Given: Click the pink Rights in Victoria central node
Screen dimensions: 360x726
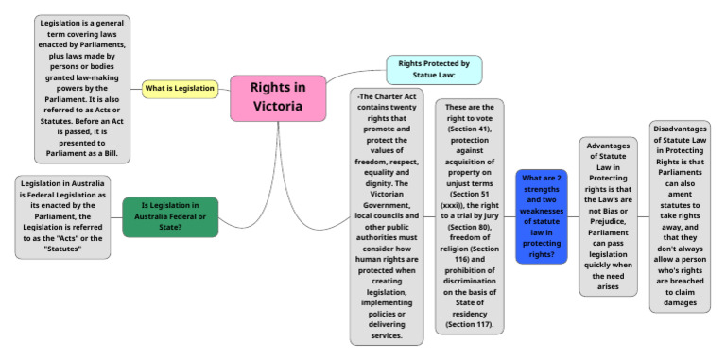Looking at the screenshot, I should click(x=278, y=97).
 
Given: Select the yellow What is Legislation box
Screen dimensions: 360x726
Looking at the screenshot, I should click(x=181, y=89).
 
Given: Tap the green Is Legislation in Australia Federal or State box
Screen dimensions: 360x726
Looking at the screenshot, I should click(x=170, y=217).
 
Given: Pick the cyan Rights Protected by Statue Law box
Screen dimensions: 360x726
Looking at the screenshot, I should click(x=434, y=70).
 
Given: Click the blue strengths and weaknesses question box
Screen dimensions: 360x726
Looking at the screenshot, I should click(x=542, y=216).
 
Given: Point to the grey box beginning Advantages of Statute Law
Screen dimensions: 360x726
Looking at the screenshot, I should click(x=608, y=215).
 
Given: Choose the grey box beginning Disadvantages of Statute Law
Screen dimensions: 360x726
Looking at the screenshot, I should click(x=680, y=215).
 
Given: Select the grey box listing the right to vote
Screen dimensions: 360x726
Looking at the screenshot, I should click(x=469, y=216).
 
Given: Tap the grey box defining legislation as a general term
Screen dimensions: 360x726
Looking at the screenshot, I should click(x=82, y=89).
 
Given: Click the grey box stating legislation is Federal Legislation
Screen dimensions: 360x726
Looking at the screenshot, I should click(x=63, y=217).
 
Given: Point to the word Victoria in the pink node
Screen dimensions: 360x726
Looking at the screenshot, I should click(x=278, y=107).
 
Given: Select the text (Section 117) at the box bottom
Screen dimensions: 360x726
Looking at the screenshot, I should click(x=470, y=325).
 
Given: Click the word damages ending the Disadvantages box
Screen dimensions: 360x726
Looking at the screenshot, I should click(x=680, y=303).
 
